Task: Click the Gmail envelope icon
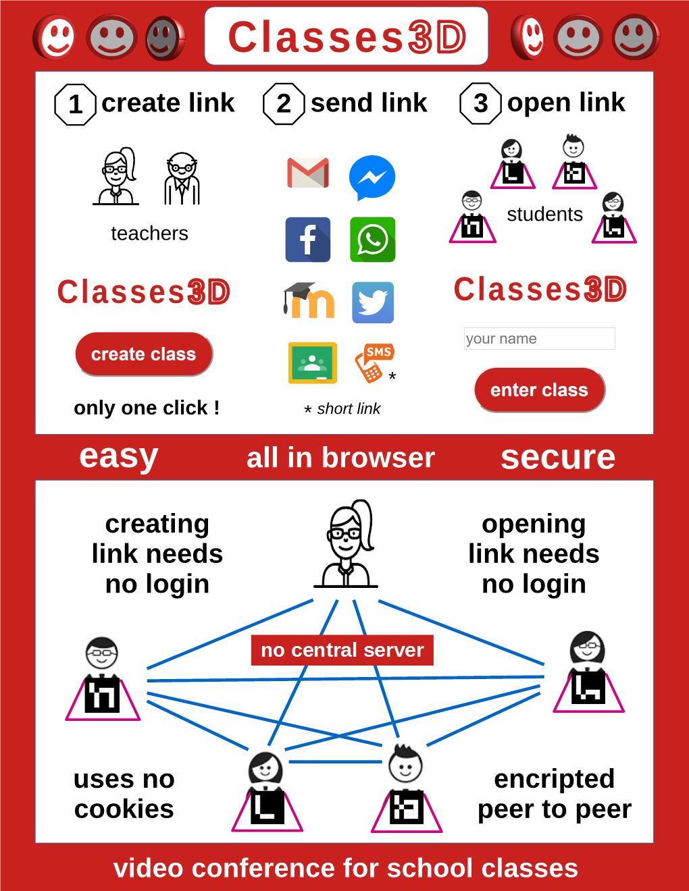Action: [308, 173]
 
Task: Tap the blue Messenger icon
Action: [372, 178]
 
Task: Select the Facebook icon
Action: [308, 240]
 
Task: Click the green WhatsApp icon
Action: [372, 240]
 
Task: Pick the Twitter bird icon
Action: [372, 303]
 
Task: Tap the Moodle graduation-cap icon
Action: [308, 301]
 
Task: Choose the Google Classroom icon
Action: [312, 363]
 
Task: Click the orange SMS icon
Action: [374, 362]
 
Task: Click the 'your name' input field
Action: [539, 338]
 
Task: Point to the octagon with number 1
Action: [76, 105]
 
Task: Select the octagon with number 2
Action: [284, 104]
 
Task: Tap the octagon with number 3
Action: [480, 103]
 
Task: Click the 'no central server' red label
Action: [342, 650]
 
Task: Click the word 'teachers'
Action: [149, 234]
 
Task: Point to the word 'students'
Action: [544, 215]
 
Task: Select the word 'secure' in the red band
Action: [558, 458]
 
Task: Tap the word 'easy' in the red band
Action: [119, 456]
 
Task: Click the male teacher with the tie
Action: [182, 178]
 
